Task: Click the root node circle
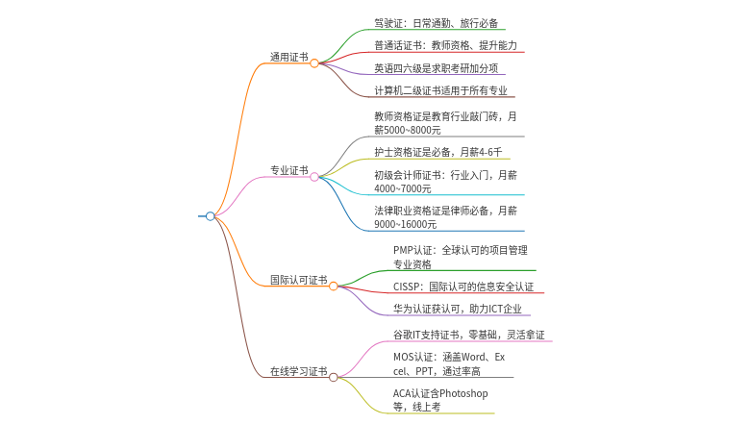[x=210, y=216]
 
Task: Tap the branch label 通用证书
[x=288, y=57]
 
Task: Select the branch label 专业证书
[x=288, y=170]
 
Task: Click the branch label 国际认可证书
[x=298, y=280]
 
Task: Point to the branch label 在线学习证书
[x=298, y=371]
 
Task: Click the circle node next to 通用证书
[x=314, y=63]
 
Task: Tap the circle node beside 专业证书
[x=314, y=177]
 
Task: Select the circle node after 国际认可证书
[x=334, y=287]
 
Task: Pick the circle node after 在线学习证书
[x=334, y=378]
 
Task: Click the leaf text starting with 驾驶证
[x=437, y=23]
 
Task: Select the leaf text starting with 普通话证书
[x=446, y=45]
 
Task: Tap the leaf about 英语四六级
[x=437, y=68]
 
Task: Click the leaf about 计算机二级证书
[x=440, y=90]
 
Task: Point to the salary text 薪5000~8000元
[x=408, y=130]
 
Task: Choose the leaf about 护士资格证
[x=438, y=152]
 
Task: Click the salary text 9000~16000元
[x=405, y=224]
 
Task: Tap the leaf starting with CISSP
[x=463, y=287]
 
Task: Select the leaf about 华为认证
[x=458, y=309]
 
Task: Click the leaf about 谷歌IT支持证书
[x=469, y=335]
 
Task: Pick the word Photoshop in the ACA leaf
[x=463, y=393]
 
